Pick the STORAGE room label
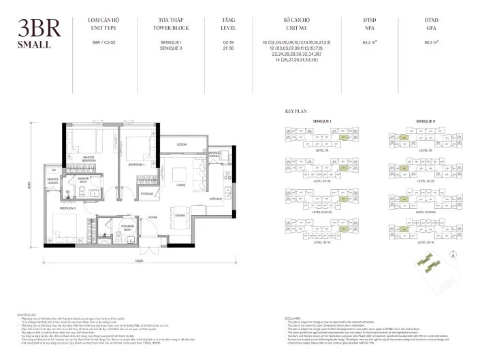point(146,194)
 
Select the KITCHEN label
point(215,199)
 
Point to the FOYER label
point(153,218)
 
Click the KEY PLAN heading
point(295,110)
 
